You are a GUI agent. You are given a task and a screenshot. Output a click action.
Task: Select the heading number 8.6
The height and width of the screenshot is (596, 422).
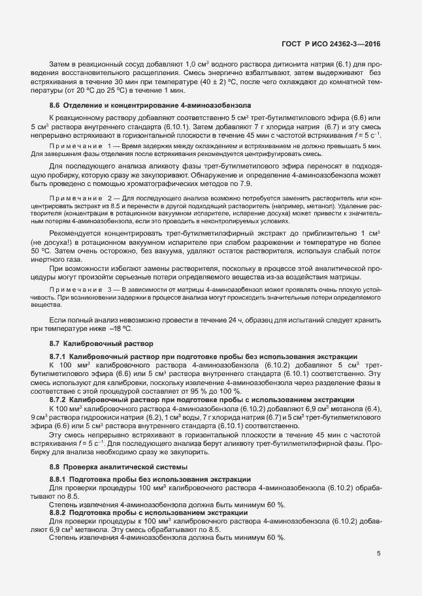[55, 105]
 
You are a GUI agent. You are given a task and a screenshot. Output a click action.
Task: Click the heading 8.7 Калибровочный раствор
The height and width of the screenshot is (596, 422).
[101, 343]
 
